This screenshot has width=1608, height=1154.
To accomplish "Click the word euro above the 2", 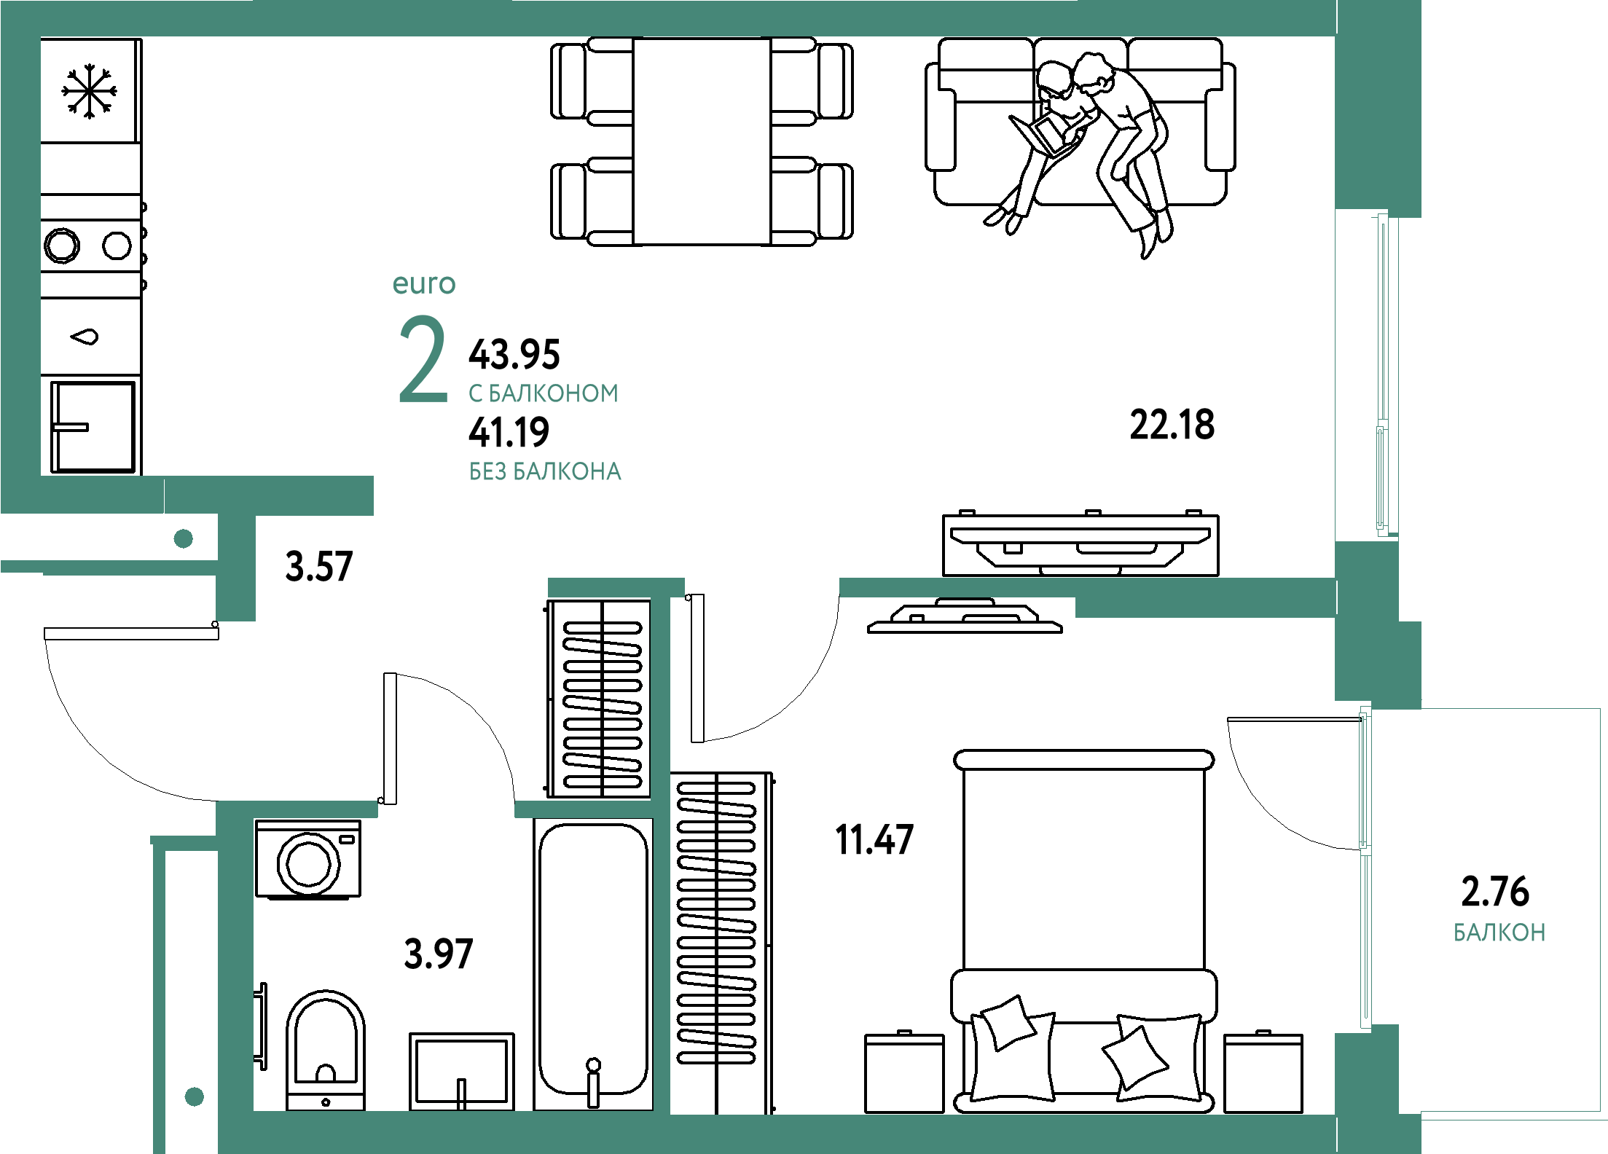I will [x=424, y=284].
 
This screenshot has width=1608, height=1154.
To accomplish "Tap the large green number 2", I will [x=423, y=361].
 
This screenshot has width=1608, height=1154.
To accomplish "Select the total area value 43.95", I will [x=514, y=355].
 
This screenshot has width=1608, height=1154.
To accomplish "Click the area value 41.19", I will [x=509, y=433].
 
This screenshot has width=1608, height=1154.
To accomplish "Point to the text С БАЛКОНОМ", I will [x=544, y=393].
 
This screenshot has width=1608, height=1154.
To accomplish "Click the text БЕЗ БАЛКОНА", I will [x=545, y=472].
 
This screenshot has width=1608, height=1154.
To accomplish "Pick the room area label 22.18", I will [x=1172, y=425].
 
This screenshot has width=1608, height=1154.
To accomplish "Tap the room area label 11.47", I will [x=874, y=840].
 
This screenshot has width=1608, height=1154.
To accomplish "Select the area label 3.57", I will [x=319, y=568].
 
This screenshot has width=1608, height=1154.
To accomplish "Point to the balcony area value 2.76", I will [x=1495, y=892].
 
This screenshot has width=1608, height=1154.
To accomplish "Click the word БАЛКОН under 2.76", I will [x=1499, y=933].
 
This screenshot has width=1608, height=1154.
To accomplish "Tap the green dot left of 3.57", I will [x=184, y=539].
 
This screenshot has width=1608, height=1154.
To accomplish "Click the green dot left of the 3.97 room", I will [x=195, y=1096].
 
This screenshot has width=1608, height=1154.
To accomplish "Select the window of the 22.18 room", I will [x=1382, y=375].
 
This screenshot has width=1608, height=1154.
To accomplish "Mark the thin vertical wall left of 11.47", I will [x=661, y=860].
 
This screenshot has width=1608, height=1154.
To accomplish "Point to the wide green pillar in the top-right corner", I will [x=1378, y=109].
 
